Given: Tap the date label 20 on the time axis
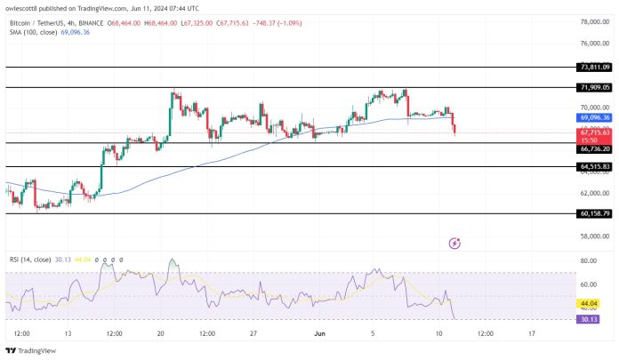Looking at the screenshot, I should tap(160, 333).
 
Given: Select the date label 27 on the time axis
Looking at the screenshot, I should tap(253, 333).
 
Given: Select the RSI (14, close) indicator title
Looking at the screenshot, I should tap(28, 259).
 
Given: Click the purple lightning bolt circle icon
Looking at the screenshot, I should tap(455, 243).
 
